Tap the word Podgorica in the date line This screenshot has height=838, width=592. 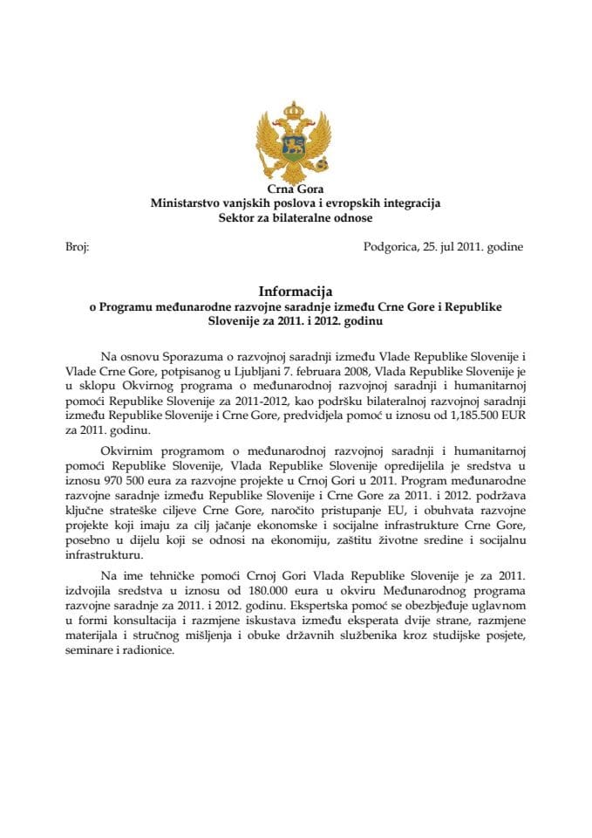tap(391, 247)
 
